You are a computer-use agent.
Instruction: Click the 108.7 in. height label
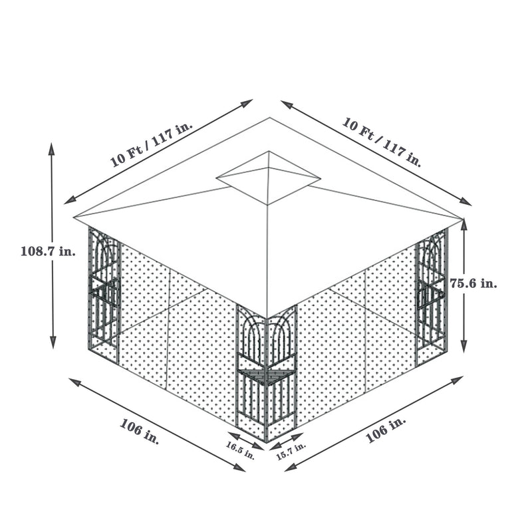click(48, 251)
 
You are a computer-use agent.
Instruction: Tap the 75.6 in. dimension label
click(473, 283)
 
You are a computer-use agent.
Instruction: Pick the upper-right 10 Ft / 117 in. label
click(382, 142)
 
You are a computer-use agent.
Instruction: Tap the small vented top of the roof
click(268, 178)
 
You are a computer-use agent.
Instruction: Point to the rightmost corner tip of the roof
click(462, 217)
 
